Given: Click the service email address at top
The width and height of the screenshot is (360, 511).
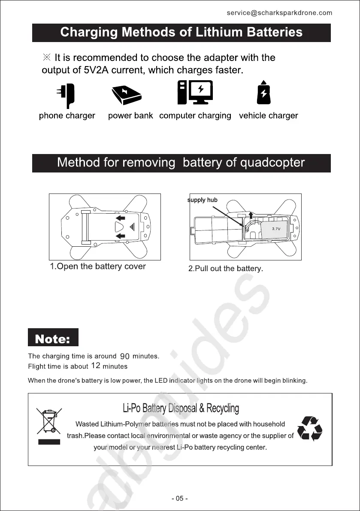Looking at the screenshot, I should coord(279,13).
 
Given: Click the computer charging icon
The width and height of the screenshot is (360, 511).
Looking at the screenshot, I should coord(195,93).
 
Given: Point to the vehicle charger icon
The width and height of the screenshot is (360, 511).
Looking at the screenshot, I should coord(263,93).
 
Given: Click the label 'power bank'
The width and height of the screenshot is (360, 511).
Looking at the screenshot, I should coord(130,116).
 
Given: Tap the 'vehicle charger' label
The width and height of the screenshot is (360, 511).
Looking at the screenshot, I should coord(268,116).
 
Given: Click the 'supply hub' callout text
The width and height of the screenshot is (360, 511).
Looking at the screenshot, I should coord(203,200).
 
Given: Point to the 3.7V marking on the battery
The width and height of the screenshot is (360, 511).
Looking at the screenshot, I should coord(276,229).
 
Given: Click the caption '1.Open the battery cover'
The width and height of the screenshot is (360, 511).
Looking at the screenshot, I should coord(98,266).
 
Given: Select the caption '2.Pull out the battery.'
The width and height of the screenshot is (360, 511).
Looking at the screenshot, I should coord(226,269).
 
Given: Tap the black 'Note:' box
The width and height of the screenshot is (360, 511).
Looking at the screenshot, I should coord(53,338).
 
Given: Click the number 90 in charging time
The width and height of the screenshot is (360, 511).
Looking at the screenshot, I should coord(125,357).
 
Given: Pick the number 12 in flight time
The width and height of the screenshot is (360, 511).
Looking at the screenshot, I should coord(96,366).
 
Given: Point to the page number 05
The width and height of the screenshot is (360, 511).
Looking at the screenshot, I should coord(180,499).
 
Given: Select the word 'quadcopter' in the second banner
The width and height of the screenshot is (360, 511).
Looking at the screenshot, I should coord(272,163).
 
